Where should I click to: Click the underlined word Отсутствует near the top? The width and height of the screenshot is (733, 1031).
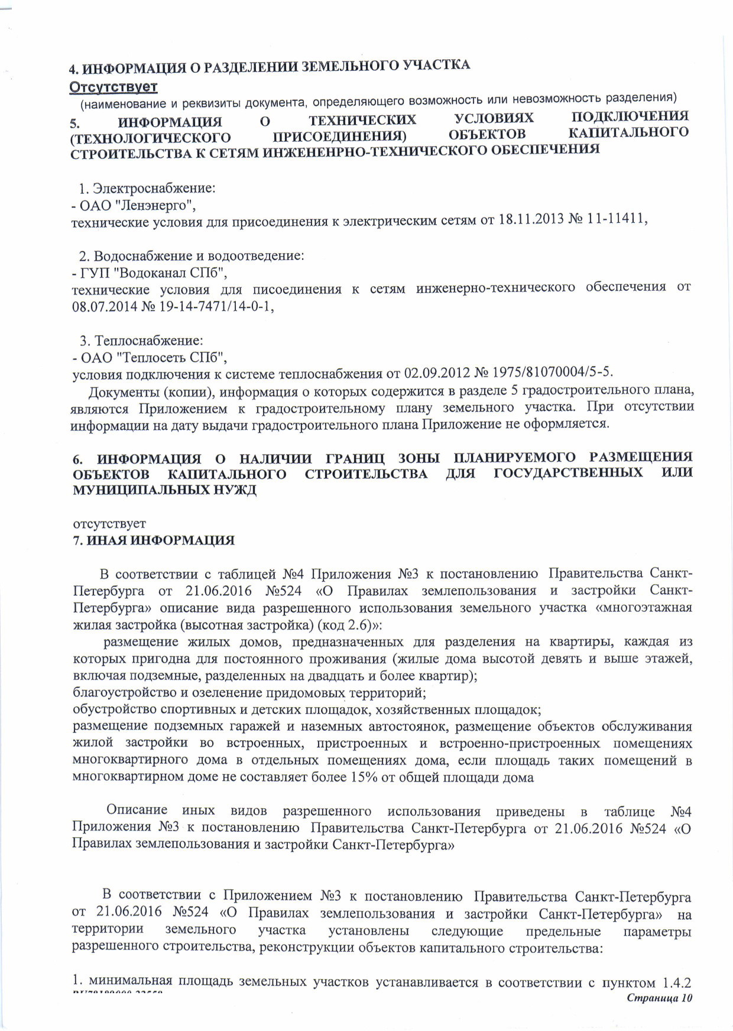(113, 87)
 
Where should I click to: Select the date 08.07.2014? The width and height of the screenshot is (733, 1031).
(102, 306)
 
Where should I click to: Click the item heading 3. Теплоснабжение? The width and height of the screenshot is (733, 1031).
(142, 341)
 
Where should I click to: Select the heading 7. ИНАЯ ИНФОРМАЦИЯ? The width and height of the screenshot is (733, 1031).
(154, 540)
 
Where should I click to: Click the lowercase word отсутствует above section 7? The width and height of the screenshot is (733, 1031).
(109, 524)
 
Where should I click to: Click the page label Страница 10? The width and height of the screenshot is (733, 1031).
(659, 998)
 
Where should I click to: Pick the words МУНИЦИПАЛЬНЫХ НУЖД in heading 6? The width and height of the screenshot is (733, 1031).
(165, 491)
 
